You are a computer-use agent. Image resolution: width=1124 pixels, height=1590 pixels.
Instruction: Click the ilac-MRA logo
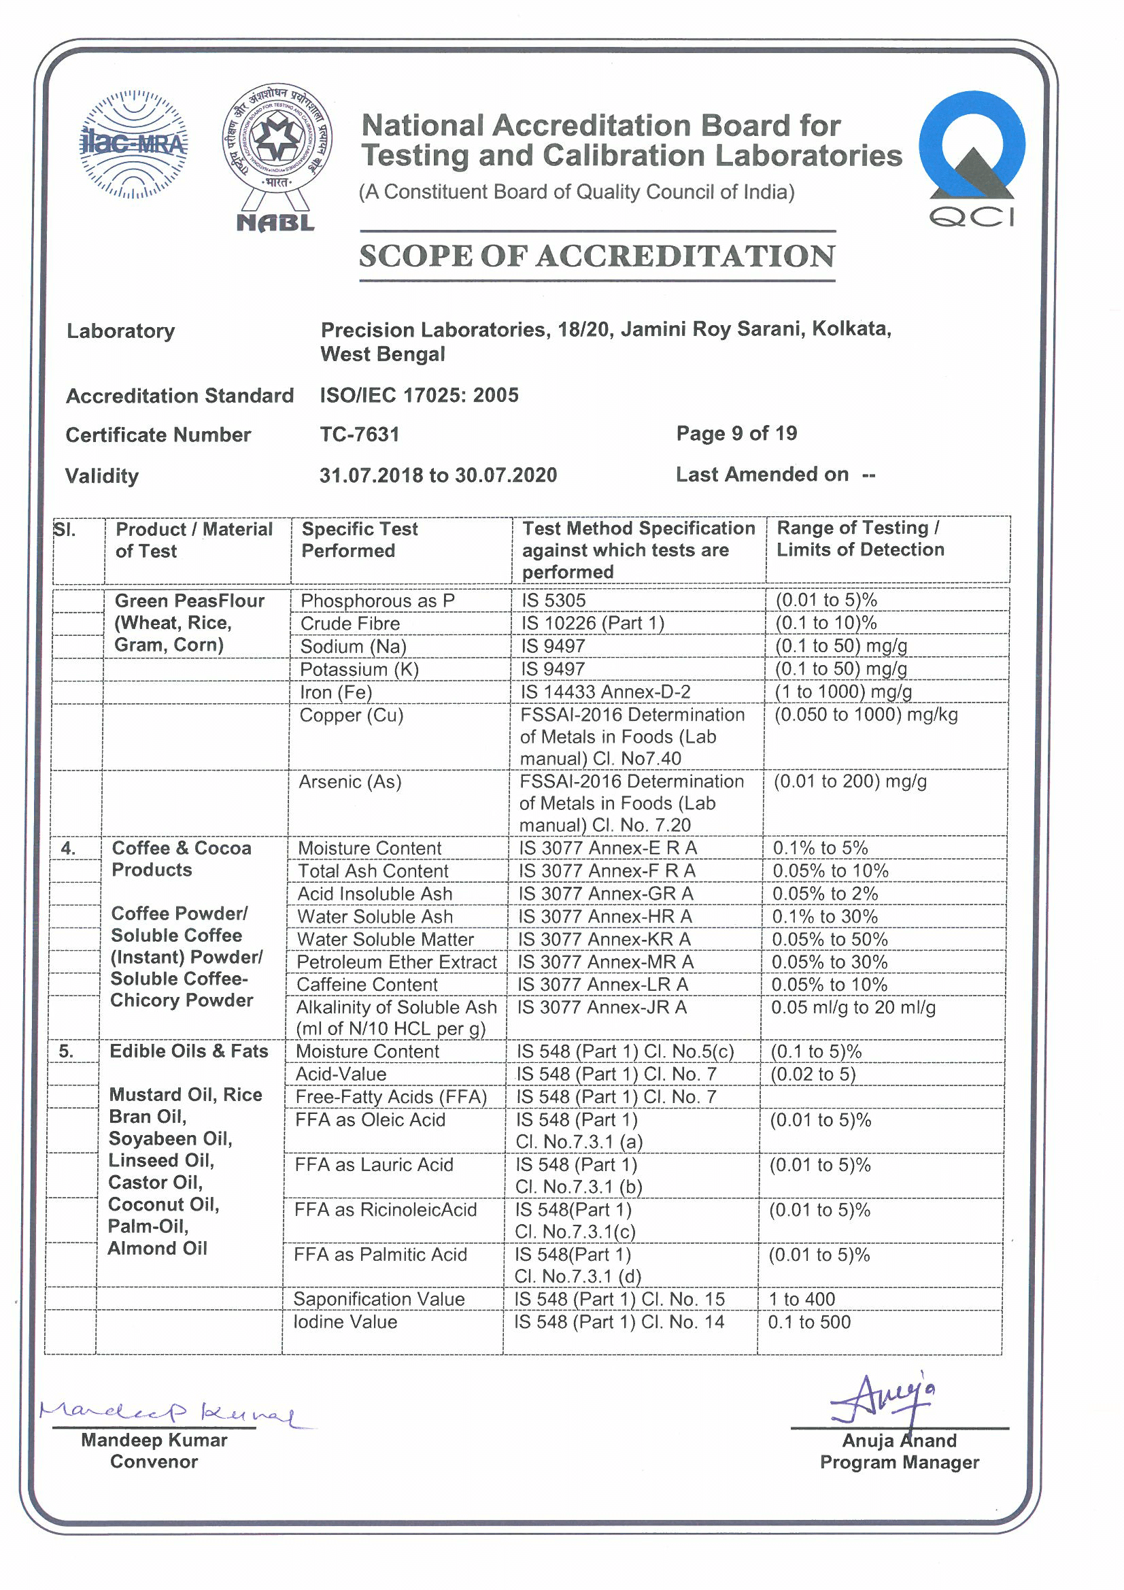pyautogui.click(x=134, y=144)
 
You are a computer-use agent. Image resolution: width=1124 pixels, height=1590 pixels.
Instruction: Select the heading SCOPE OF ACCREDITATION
pyautogui.click(x=597, y=256)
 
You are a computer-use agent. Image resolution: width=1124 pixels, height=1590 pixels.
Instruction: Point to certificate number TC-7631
pyautogui.click(x=360, y=435)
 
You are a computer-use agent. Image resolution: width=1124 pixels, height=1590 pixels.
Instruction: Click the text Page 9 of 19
pyautogui.click(x=736, y=433)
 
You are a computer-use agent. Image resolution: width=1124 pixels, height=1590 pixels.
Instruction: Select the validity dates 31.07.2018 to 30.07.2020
pyautogui.click(x=438, y=475)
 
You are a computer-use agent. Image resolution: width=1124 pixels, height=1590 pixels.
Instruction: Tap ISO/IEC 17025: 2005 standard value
pyautogui.click(x=419, y=395)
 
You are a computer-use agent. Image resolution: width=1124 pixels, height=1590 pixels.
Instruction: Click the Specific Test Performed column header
pyautogui.click(x=360, y=539)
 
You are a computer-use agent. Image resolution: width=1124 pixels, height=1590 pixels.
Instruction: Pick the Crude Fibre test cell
pyautogui.click(x=350, y=623)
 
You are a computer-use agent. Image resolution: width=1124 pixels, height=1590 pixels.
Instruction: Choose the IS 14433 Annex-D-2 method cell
pyautogui.click(x=605, y=692)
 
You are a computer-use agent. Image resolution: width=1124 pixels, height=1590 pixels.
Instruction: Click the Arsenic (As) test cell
pyautogui.click(x=350, y=782)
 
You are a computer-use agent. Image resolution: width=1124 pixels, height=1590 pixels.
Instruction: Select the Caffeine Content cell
pyautogui.click(x=367, y=985)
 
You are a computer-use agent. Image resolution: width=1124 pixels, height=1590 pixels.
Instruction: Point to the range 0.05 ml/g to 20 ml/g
pyautogui.click(x=853, y=1008)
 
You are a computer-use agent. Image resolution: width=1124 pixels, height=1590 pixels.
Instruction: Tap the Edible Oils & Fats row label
pyautogui.click(x=188, y=1051)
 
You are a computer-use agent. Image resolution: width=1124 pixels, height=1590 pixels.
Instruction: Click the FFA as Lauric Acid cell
pyautogui.click(x=374, y=1165)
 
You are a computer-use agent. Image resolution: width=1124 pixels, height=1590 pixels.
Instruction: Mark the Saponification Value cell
pyautogui.click(x=379, y=1299)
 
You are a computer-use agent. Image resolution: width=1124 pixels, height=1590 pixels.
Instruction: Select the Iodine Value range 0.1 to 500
pyautogui.click(x=809, y=1322)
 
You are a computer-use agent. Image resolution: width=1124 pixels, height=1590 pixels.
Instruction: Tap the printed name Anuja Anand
pyautogui.click(x=899, y=1441)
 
